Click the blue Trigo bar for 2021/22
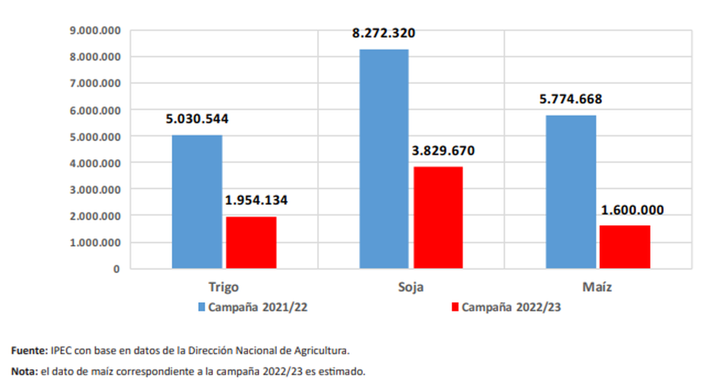click(197, 202)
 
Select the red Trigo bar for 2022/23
click(251, 243)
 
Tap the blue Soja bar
click(384, 159)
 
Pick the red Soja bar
click(438, 217)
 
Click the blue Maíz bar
click(571, 192)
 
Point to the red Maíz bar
click(625, 247)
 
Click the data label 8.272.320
click(383, 33)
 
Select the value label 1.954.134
click(256, 201)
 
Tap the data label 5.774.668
click(570, 99)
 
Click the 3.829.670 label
click(443, 150)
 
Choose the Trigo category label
click(224, 287)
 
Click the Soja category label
click(411, 287)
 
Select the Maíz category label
click(597, 287)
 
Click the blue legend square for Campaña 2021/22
click(201, 307)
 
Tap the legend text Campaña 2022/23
click(511, 307)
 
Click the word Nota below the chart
click(24, 371)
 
